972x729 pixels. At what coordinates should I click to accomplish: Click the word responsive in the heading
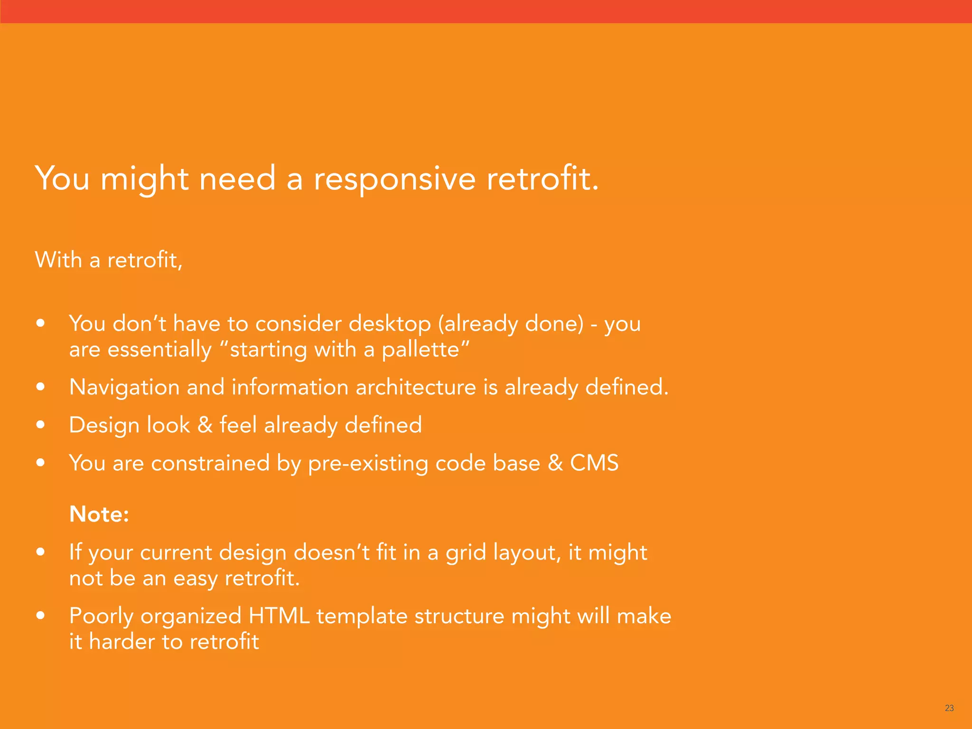(x=394, y=180)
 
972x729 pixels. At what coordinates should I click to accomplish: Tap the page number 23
(x=949, y=708)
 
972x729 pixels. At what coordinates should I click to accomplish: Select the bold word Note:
(x=99, y=514)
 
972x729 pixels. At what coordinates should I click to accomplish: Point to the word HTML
(x=279, y=616)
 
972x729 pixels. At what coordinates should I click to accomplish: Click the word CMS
(x=594, y=463)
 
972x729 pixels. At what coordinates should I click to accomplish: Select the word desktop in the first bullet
(x=390, y=324)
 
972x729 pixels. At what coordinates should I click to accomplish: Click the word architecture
(x=416, y=387)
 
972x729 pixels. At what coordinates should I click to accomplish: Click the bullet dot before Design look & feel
(x=41, y=425)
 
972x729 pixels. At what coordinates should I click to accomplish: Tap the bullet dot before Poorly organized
(x=41, y=616)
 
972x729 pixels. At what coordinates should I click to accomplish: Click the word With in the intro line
(x=58, y=260)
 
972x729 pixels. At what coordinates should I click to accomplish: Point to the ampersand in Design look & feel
(x=205, y=425)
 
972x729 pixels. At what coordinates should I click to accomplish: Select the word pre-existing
(x=368, y=464)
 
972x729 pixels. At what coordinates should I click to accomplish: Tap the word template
(x=362, y=617)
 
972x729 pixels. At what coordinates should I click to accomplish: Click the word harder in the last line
(x=121, y=642)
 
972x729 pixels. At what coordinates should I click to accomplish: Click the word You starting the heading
(x=62, y=179)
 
